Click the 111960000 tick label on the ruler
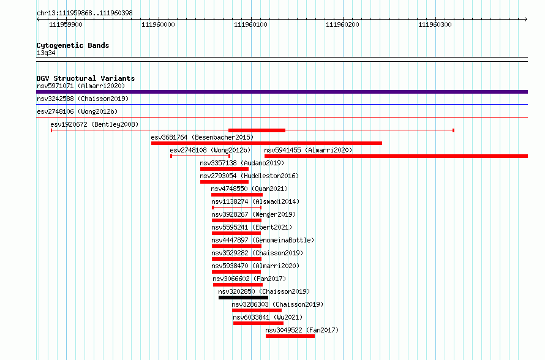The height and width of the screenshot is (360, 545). pyautogui.click(x=158, y=24)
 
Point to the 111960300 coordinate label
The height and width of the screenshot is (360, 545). pyautogui.click(x=435, y=24)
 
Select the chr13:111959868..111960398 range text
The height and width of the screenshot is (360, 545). pyautogui.click(x=85, y=13)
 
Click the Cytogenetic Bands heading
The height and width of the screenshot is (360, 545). pyautogui.click(x=73, y=45)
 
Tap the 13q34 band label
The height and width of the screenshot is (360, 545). pyautogui.click(x=46, y=53)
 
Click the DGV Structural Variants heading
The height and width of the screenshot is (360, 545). pyautogui.click(x=86, y=78)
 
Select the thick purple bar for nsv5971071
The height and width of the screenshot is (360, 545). pyautogui.click(x=282, y=92)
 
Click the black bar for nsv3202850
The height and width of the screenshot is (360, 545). pyautogui.click(x=243, y=298)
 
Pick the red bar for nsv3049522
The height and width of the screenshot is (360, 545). pyautogui.click(x=290, y=336)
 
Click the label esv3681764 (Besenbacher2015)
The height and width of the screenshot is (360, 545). pyautogui.click(x=202, y=137)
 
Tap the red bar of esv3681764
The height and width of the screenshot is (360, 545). pyautogui.click(x=266, y=143)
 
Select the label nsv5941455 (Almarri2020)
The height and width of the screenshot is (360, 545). pyautogui.click(x=308, y=150)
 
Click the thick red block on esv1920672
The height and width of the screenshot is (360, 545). pyautogui.click(x=257, y=130)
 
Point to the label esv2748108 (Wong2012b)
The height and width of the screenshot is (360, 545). pyautogui.click(x=210, y=150)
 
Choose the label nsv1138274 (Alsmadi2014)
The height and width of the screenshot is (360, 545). pyautogui.click(x=255, y=201)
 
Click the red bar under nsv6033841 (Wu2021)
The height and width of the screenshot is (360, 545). pyautogui.click(x=258, y=323)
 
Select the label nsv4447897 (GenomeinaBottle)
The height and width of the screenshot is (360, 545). pyautogui.click(x=263, y=240)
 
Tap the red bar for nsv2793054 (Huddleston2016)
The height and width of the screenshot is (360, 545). pyautogui.click(x=225, y=182)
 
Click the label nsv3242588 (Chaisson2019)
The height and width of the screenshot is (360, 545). pyautogui.click(x=83, y=99)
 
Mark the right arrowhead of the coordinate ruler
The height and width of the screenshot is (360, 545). pyautogui.click(x=526, y=20)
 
